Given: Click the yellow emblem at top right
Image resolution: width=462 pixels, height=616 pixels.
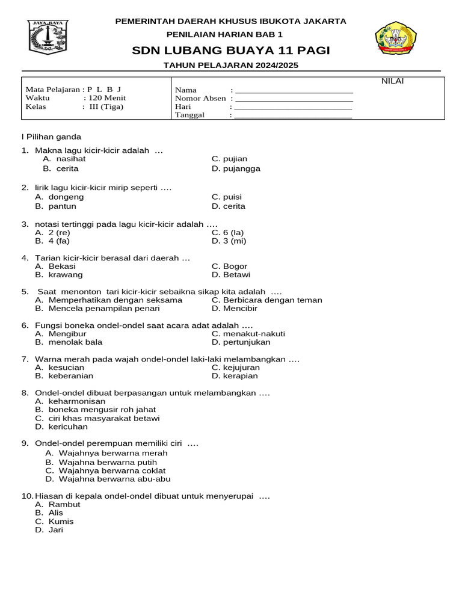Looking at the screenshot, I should pyautogui.click(x=396, y=39).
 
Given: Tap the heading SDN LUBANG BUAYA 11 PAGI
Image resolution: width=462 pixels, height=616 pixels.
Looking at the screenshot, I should pyautogui.click(x=231, y=50).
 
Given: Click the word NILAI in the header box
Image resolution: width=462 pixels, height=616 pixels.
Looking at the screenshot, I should pyautogui.click(x=393, y=82).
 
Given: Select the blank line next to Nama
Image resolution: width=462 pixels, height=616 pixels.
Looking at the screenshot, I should pyautogui.click(x=294, y=90).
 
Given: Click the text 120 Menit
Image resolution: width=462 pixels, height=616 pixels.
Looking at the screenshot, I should pyautogui.click(x=107, y=98).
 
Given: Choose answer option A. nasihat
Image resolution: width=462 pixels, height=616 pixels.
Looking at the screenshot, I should pyautogui.click(x=64, y=159).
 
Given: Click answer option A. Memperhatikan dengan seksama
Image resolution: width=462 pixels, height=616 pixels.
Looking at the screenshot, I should pyautogui.click(x=108, y=300).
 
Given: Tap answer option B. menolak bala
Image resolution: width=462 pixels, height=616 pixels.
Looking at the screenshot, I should pyautogui.click(x=69, y=342).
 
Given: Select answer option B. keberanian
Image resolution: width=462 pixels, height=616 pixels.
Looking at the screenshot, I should pyautogui.click(x=64, y=376).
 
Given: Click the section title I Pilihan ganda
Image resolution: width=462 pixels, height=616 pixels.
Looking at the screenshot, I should pyautogui.click(x=51, y=137).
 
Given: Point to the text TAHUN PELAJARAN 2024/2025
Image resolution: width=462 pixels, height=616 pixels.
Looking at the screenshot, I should pyautogui.click(x=231, y=65).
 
